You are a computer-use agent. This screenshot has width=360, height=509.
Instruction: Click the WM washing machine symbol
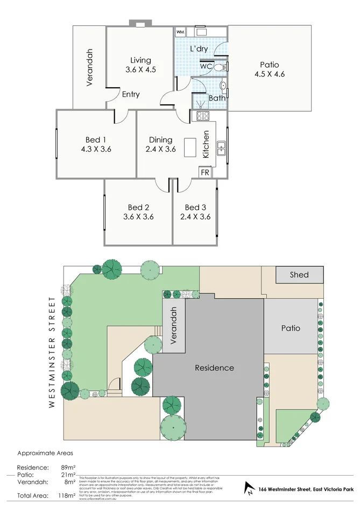coord(180,32)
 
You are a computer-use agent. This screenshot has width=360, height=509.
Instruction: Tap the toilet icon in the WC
coord(220,67)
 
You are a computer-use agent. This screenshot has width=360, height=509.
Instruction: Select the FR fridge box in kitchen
coord(204,173)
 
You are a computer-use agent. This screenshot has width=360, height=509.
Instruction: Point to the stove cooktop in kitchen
coord(203,116)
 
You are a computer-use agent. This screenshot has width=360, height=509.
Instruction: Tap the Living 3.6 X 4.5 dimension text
coord(140,69)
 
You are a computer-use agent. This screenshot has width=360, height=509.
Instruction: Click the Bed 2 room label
coord(138,207)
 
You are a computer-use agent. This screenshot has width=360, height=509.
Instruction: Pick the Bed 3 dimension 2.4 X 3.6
coord(195,217)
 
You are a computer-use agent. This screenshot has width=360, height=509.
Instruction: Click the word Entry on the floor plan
coord(130,94)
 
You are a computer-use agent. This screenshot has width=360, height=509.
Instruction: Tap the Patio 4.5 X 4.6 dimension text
coord(269,74)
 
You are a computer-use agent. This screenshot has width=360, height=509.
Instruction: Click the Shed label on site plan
coord(299,274)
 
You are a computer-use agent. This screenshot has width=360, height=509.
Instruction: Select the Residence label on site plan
coord(214,368)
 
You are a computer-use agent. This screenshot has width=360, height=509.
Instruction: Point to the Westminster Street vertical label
coord(52,351)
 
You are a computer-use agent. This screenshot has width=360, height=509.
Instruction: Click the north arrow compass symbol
coord(249,489)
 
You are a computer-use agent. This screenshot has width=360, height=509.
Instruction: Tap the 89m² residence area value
coord(67,468)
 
